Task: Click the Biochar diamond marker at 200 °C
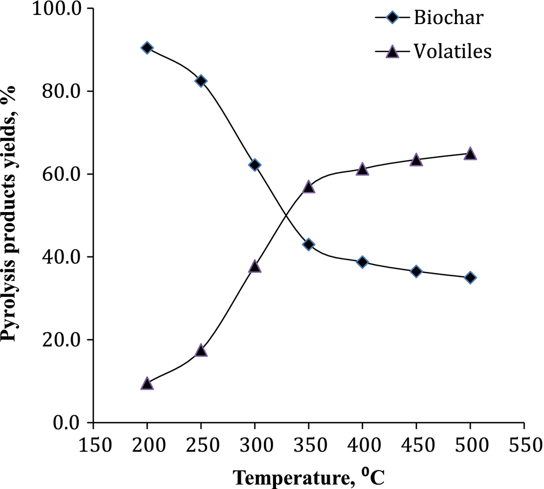click(x=147, y=48)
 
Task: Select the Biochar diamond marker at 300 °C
click(x=255, y=165)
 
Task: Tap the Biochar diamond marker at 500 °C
click(x=470, y=277)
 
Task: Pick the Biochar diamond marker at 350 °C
click(x=308, y=244)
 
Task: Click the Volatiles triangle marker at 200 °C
click(x=147, y=384)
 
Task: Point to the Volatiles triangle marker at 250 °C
click(x=201, y=351)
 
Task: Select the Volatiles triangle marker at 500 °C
click(x=470, y=154)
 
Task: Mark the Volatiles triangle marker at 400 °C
click(x=362, y=169)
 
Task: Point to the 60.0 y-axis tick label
click(x=64, y=174)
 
